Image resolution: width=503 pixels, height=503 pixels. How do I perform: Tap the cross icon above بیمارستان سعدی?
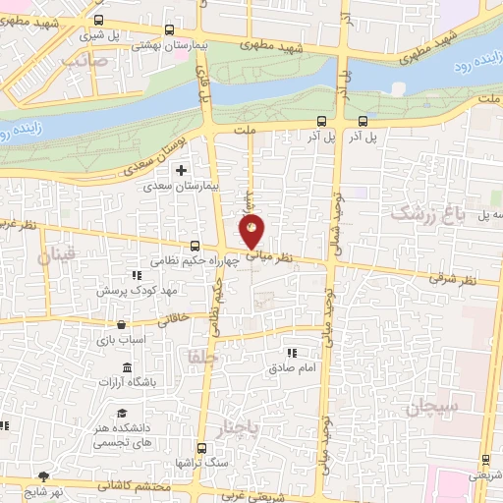tap(180, 171)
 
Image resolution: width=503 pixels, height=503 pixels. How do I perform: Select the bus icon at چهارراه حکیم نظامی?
tap(195, 246)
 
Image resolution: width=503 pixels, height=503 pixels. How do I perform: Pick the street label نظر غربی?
tap(20, 225)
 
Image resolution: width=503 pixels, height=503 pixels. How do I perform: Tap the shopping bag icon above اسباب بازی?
tap(121, 325)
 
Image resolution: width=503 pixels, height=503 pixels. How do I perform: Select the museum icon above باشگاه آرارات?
tap(127, 367)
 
